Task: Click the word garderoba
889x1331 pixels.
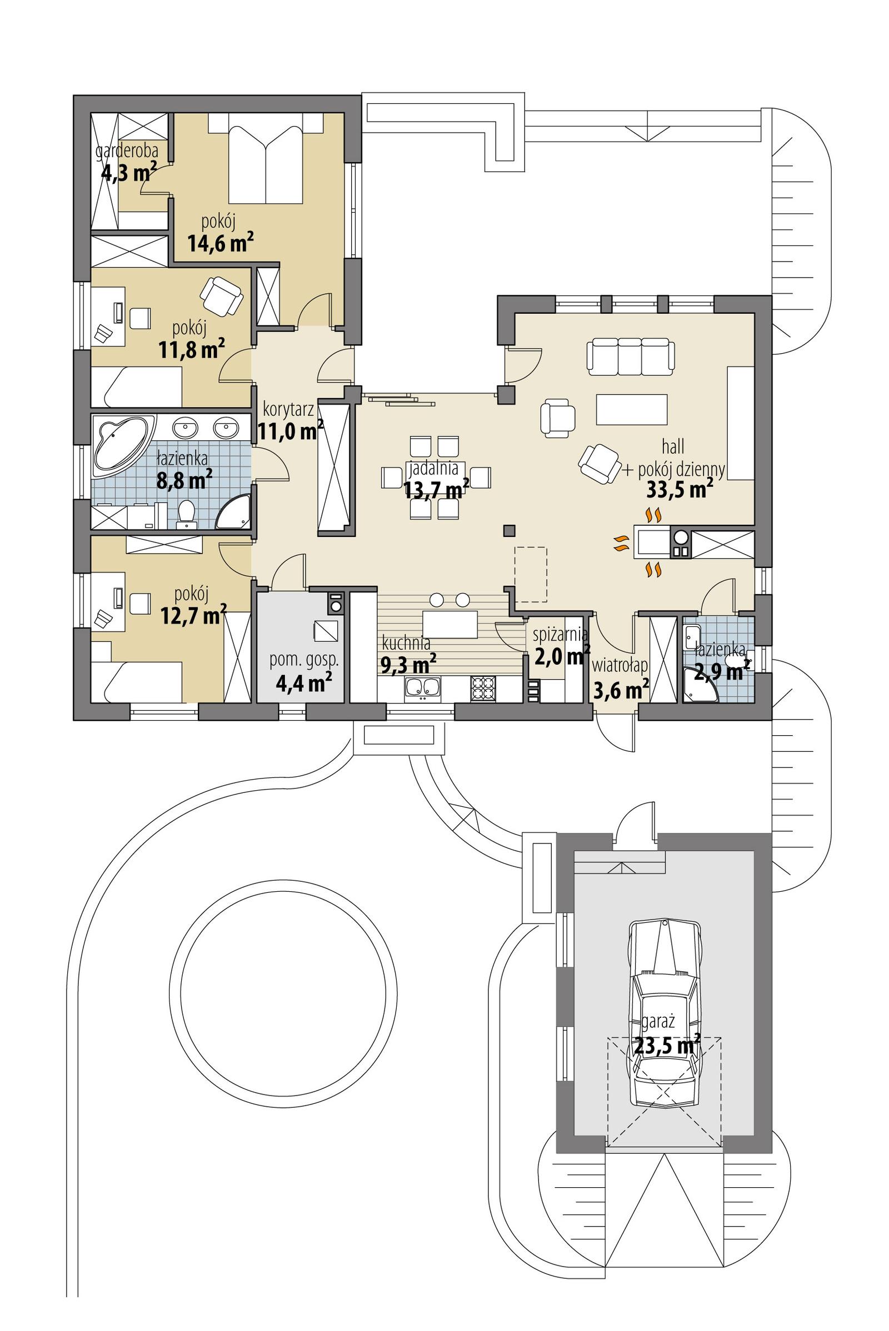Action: [126, 152]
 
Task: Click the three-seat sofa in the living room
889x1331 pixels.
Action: [631, 356]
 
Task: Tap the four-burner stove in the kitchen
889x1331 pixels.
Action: [482, 689]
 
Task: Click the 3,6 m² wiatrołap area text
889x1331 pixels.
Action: [621, 690]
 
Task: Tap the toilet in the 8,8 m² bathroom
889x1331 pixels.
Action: [186, 514]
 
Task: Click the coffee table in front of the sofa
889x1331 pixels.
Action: [631, 409]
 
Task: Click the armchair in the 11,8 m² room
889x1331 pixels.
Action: [221, 297]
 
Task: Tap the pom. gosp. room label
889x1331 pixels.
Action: [303, 659]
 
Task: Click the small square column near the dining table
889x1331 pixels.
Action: [508, 530]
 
